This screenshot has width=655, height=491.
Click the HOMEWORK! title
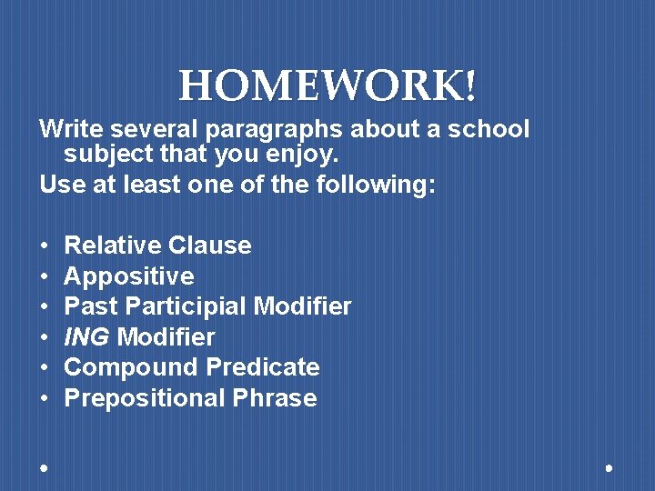[327, 87]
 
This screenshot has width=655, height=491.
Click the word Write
[65, 129]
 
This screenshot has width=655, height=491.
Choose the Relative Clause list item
[157, 245]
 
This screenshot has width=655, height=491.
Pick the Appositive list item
[129, 276]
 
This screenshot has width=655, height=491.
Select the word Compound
[132, 367]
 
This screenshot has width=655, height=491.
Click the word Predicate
[263, 367]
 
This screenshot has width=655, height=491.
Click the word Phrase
[274, 398]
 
